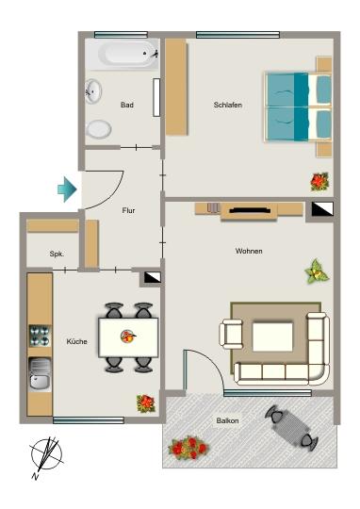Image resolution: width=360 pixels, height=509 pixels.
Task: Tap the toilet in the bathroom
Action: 99,128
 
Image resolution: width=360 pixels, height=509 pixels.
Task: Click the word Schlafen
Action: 228,105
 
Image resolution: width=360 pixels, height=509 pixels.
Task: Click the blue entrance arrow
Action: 67,189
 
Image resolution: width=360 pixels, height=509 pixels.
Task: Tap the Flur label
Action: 129,211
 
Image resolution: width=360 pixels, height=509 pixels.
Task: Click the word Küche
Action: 77,341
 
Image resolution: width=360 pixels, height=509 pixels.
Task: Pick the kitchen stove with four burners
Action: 40,336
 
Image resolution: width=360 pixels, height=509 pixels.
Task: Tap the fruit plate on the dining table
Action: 128,337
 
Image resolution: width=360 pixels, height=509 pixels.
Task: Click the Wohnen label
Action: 249,251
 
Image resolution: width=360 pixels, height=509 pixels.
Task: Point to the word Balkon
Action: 227,420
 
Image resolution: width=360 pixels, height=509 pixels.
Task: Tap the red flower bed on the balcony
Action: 189,446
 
